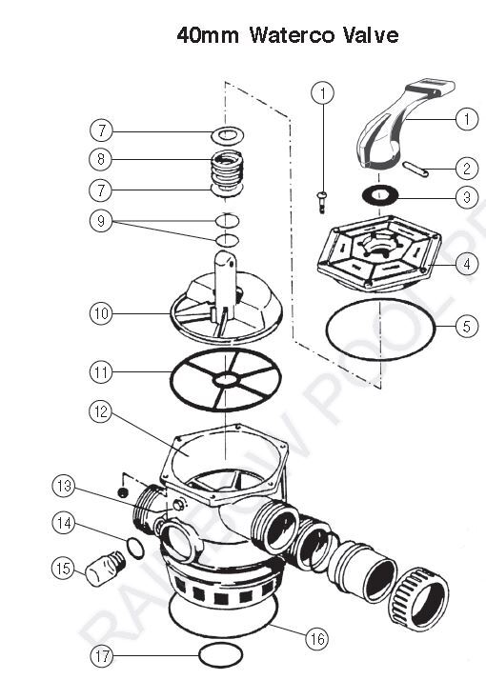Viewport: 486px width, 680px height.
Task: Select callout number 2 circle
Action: point(466,170)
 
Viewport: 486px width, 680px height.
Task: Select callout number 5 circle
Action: point(466,327)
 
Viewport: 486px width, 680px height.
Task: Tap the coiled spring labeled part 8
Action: point(227,171)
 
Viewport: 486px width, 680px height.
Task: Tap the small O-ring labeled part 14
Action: point(136,549)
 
